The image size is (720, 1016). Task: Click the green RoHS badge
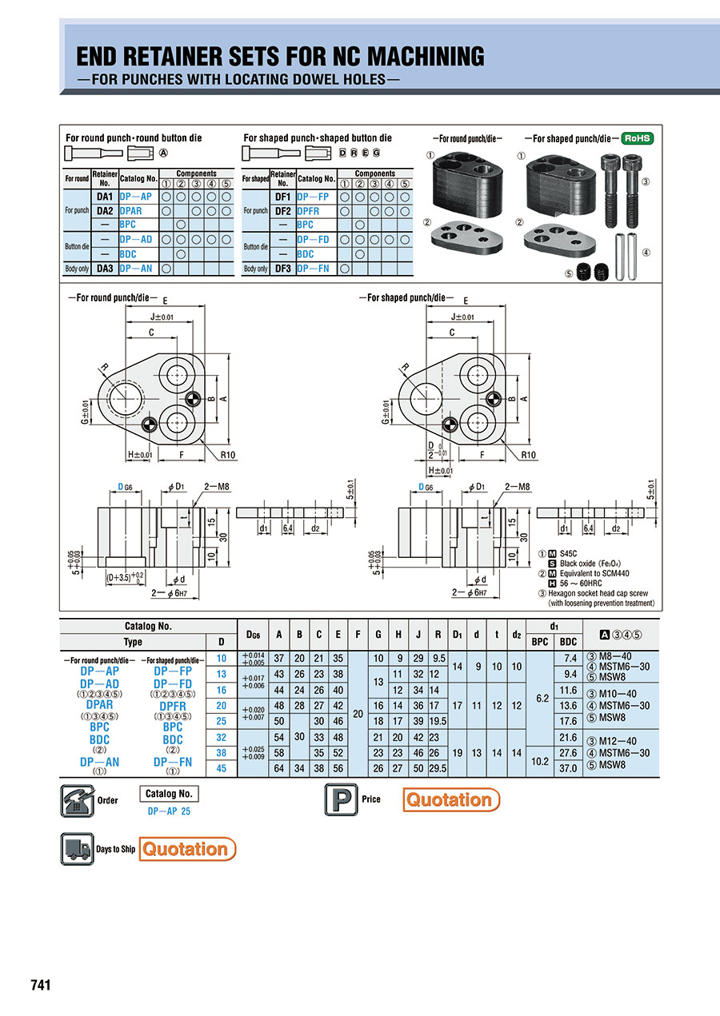[x=637, y=138]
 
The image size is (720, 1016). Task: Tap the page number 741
[x=41, y=985]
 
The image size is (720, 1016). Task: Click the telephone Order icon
[x=78, y=800]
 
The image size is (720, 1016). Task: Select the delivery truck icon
[x=77, y=849]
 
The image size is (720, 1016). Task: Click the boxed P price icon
[x=339, y=799]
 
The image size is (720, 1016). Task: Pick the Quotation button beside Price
[x=451, y=799]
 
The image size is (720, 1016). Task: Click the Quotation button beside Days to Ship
[x=187, y=849]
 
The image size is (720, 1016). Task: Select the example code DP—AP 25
[x=169, y=811]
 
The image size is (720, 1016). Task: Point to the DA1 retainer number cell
[x=105, y=196]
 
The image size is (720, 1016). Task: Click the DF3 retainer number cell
[x=282, y=269]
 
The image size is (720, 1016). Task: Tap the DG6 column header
[x=254, y=635]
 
